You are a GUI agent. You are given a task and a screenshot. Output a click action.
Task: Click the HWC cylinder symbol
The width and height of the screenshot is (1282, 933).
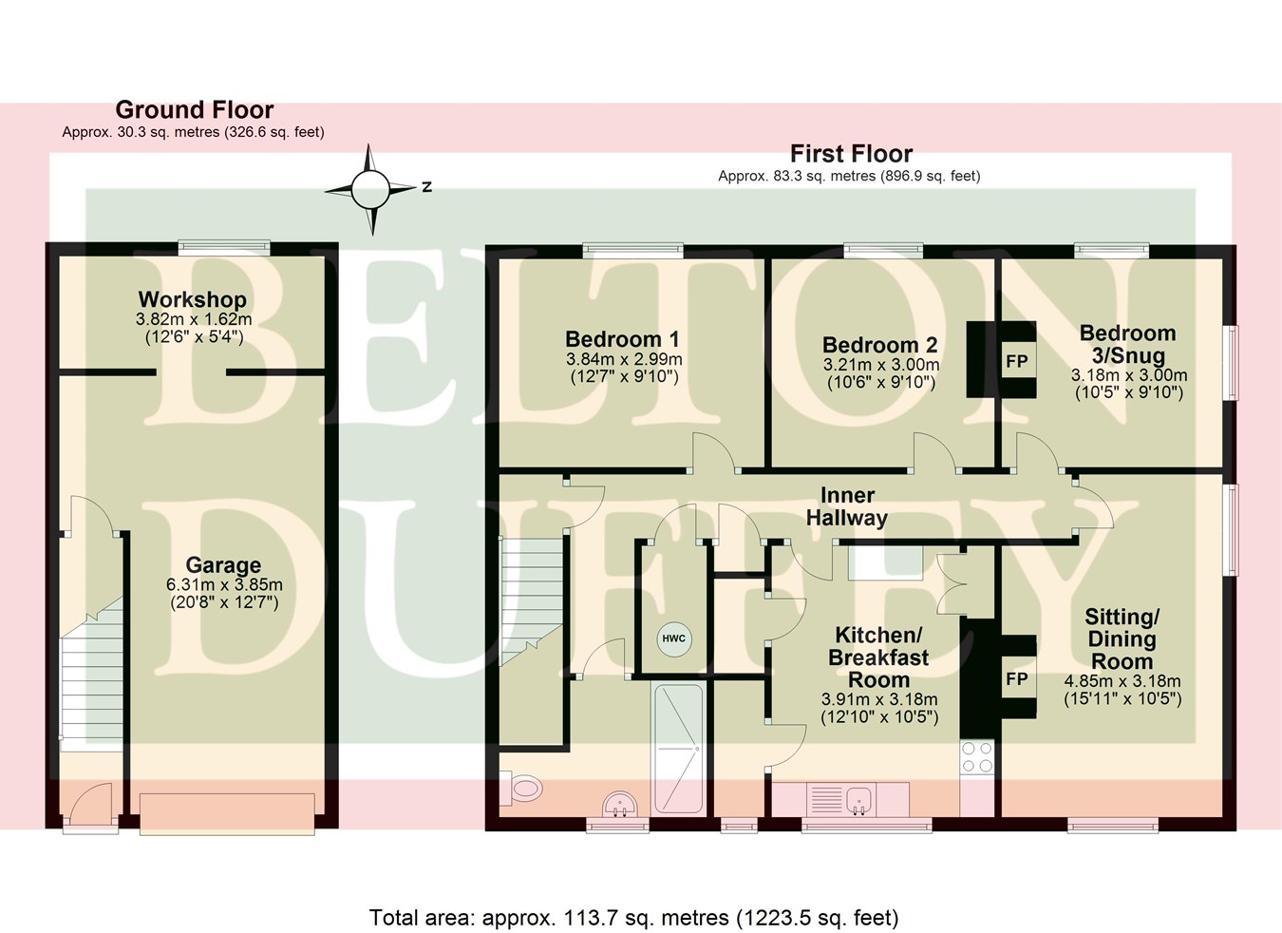pyautogui.click(x=673, y=638)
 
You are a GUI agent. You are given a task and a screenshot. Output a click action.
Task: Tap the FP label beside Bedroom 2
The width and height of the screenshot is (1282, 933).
pyautogui.click(x=1016, y=362)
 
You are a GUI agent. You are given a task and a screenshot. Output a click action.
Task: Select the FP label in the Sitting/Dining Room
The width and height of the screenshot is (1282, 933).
pyautogui.click(x=1016, y=679)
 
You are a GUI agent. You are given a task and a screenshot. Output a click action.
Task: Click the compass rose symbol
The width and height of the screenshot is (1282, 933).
pyautogui.click(x=370, y=189)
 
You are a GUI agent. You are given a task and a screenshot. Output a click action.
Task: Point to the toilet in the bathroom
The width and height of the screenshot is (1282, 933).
pyautogui.click(x=521, y=787)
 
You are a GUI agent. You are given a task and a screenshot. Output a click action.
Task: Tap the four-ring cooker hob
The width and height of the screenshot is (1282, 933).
pyautogui.click(x=977, y=757)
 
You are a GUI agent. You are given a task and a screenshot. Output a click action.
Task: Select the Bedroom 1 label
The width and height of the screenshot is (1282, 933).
pyautogui.click(x=622, y=339)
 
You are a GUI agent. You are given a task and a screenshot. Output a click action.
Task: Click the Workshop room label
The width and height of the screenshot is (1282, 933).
pyautogui.click(x=193, y=300)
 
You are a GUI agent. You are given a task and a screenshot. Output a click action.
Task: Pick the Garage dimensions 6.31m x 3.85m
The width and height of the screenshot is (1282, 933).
pyautogui.click(x=224, y=585)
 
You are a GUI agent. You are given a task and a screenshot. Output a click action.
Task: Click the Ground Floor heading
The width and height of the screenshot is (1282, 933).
pyautogui.click(x=195, y=110)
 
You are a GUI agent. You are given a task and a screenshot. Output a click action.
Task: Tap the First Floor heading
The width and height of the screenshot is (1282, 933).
pyautogui.click(x=851, y=154)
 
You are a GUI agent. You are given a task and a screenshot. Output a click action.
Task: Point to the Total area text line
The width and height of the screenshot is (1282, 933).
pyautogui.click(x=633, y=918)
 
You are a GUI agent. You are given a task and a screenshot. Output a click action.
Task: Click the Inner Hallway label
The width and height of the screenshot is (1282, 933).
pyautogui.click(x=846, y=506)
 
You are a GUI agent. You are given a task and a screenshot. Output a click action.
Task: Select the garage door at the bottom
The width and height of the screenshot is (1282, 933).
pyautogui.click(x=227, y=812)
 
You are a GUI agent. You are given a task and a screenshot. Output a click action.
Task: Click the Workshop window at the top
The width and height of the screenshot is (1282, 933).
pyautogui.click(x=225, y=247)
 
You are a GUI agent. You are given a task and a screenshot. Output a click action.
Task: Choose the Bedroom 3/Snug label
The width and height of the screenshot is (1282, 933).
pyautogui.click(x=1127, y=344)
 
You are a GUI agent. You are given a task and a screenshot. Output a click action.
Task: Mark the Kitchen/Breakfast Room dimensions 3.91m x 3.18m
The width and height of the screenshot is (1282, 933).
pyautogui.click(x=879, y=699)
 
